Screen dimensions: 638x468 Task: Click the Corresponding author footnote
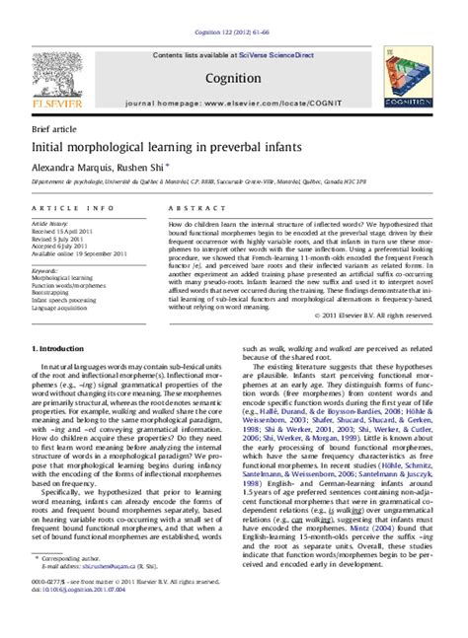72,584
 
